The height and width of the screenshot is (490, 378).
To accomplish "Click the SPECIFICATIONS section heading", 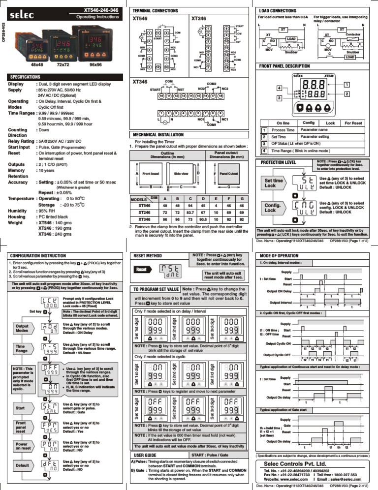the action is [26, 77].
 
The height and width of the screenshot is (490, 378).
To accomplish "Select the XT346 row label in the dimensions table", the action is [144, 219].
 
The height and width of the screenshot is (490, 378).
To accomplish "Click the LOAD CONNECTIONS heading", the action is [278, 10].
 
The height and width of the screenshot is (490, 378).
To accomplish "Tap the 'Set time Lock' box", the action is [274, 184].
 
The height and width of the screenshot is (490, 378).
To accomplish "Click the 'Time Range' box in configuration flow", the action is [22, 350].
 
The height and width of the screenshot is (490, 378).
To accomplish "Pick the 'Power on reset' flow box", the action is [21, 446].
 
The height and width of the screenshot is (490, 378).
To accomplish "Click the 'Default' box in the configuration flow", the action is [22, 465].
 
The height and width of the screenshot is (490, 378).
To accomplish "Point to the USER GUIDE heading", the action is [145, 456].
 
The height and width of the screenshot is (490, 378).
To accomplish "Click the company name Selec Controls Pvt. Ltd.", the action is [295, 464].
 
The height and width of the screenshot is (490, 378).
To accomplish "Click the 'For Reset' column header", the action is [353, 122].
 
